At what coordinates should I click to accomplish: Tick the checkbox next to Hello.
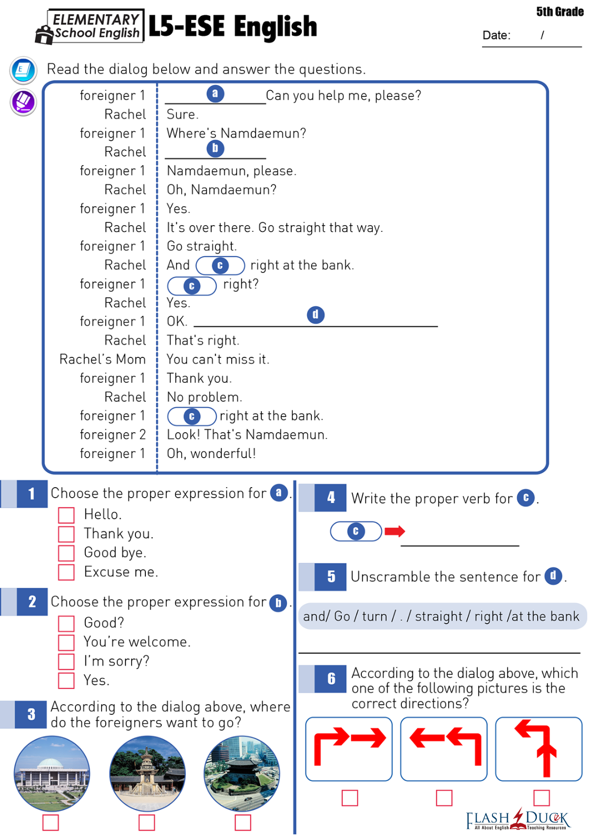point(66,515)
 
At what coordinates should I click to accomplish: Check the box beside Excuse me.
point(66,572)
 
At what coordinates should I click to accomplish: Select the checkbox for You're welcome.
point(66,643)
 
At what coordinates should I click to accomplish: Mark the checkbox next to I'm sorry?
point(66,662)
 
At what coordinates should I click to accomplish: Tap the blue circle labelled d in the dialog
point(316,315)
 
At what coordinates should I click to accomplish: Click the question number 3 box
point(31,714)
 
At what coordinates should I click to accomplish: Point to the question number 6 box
point(331,678)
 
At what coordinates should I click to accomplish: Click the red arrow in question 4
point(395,531)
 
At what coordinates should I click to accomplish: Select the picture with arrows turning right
point(349,749)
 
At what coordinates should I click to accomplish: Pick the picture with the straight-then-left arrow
point(538,749)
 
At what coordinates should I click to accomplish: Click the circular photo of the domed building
point(52,773)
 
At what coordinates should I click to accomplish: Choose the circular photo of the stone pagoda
point(147,773)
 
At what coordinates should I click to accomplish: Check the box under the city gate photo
point(243,822)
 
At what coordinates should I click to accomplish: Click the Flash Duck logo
point(518,819)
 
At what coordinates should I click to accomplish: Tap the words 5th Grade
point(559,12)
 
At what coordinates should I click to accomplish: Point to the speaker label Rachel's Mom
point(102,360)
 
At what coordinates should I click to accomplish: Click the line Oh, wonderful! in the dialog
point(211,454)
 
